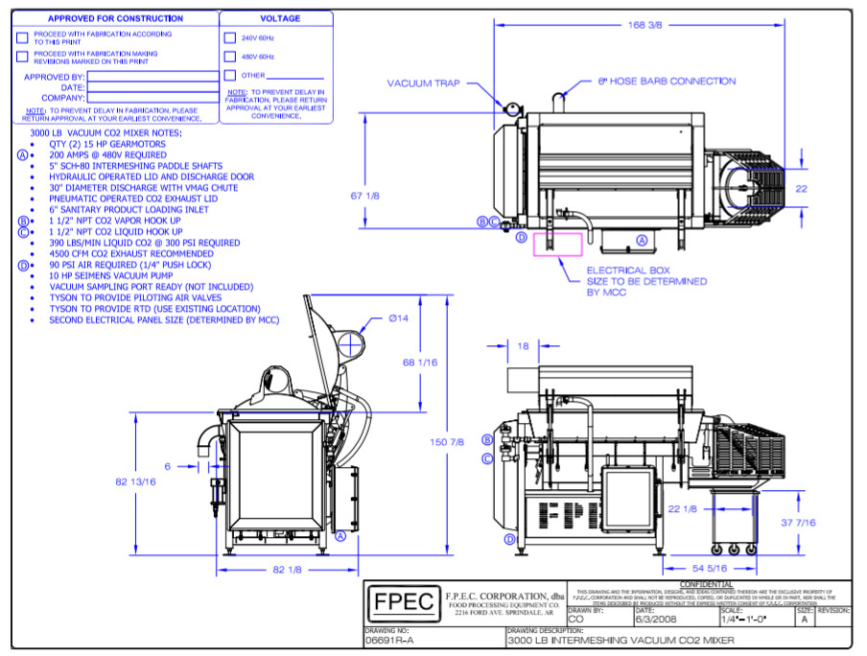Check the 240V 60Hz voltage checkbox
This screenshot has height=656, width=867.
point(229,38)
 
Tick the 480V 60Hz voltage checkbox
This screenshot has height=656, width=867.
point(229,57)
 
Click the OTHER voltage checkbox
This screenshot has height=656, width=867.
point(229,75)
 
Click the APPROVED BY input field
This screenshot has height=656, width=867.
point(153,77)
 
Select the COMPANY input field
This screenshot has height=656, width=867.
point(153,98)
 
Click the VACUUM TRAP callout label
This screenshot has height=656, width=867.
point(425,83)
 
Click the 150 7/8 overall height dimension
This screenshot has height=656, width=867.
point(449,441)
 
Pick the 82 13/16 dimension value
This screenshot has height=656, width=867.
point(136,481)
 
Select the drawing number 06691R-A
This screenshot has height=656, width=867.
point(389,640)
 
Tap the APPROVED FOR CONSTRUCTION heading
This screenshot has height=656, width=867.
point(115,18)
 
